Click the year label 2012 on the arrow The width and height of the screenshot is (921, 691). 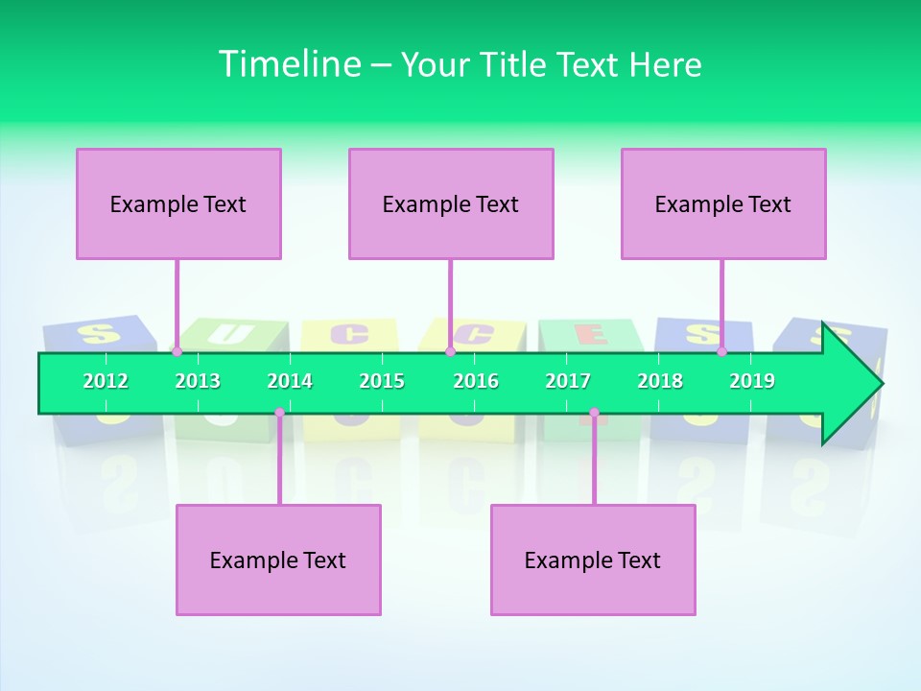tap(106, 381)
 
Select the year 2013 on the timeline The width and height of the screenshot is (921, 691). tap(198, 381)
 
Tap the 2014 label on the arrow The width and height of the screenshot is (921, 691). tap(290, 381)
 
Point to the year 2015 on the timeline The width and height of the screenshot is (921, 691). tap(382, 381)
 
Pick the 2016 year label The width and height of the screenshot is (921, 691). tap(476, 381)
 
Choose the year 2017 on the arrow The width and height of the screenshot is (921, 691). tap(568, 381)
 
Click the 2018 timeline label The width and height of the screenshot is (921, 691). tap(660, 381)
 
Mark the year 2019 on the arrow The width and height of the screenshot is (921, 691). tap(752, 381)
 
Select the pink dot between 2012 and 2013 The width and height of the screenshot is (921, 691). tap(177, 352)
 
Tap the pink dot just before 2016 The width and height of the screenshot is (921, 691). tap(450, 352)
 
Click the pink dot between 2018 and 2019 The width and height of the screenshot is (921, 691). tap(721, 352)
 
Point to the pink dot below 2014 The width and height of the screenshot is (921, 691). tap(279, 413)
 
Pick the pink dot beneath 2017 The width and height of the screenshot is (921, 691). tap(594, 413)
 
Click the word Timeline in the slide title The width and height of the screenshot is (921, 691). tap(289, 64)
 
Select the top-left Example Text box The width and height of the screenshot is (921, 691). tap(178, 203)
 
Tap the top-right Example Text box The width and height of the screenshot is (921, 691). tap(723, 203)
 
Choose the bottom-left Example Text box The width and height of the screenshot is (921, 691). tap(278, 560)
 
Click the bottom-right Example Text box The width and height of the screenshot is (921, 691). tap(593, 560)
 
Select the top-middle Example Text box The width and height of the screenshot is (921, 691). tap(451, 203)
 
